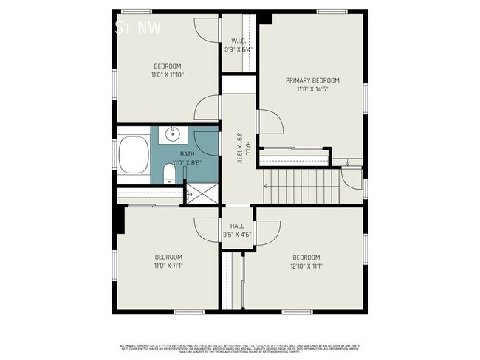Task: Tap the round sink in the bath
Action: (171, 134)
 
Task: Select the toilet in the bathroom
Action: (169, 174)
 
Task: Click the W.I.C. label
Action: (238, 41)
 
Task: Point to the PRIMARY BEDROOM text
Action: (312, 80)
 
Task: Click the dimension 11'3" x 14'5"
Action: (312, 89)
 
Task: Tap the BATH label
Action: (188, 154)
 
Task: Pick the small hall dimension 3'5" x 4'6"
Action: (237, 235)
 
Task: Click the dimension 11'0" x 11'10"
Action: (167, 74)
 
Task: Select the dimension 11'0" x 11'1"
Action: (168, 266)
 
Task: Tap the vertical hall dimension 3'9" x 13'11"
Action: (239, 152)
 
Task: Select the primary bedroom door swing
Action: (270, 122)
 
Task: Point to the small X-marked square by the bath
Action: (188, 195)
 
